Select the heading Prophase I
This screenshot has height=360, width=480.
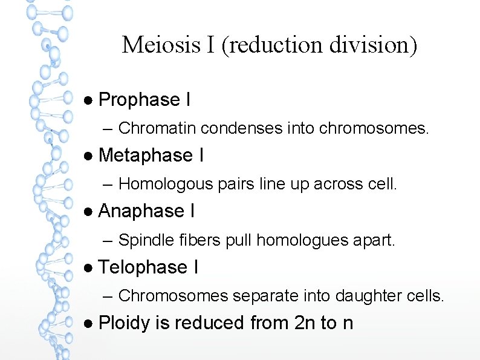(x=144, y=100)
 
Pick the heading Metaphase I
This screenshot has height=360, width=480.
(x=151, y=155)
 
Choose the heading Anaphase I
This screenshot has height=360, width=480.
(x=146, y=211)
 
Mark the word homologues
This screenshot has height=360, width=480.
(x=294, y=240)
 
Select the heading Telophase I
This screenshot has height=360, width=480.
(x=148, y=267)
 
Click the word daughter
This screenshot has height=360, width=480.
(x=352, y=296)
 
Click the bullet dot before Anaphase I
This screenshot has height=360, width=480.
(x=88, y=212)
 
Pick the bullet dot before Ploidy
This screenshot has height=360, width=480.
(x=88, y=324)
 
